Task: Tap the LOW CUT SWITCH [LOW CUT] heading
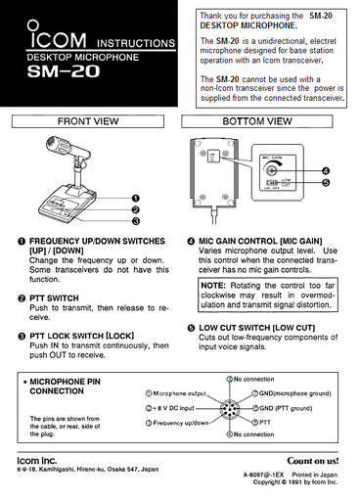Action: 256,327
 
